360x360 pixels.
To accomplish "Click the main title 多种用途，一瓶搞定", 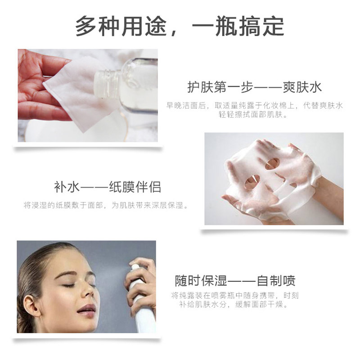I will point(180,27).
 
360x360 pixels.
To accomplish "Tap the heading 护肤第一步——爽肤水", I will point(255,86).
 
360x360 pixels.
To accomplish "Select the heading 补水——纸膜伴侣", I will point(107,187).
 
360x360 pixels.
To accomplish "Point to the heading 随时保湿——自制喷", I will point(235,281).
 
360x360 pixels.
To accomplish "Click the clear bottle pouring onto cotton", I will point(128,85).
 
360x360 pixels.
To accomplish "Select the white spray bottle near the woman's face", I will point(143,297).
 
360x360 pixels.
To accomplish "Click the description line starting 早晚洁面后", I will point(255,105).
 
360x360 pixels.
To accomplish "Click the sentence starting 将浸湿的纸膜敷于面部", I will point(105,206).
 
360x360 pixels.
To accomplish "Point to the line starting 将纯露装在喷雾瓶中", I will point(235,296).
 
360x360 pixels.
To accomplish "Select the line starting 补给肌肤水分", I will point(235,305).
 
